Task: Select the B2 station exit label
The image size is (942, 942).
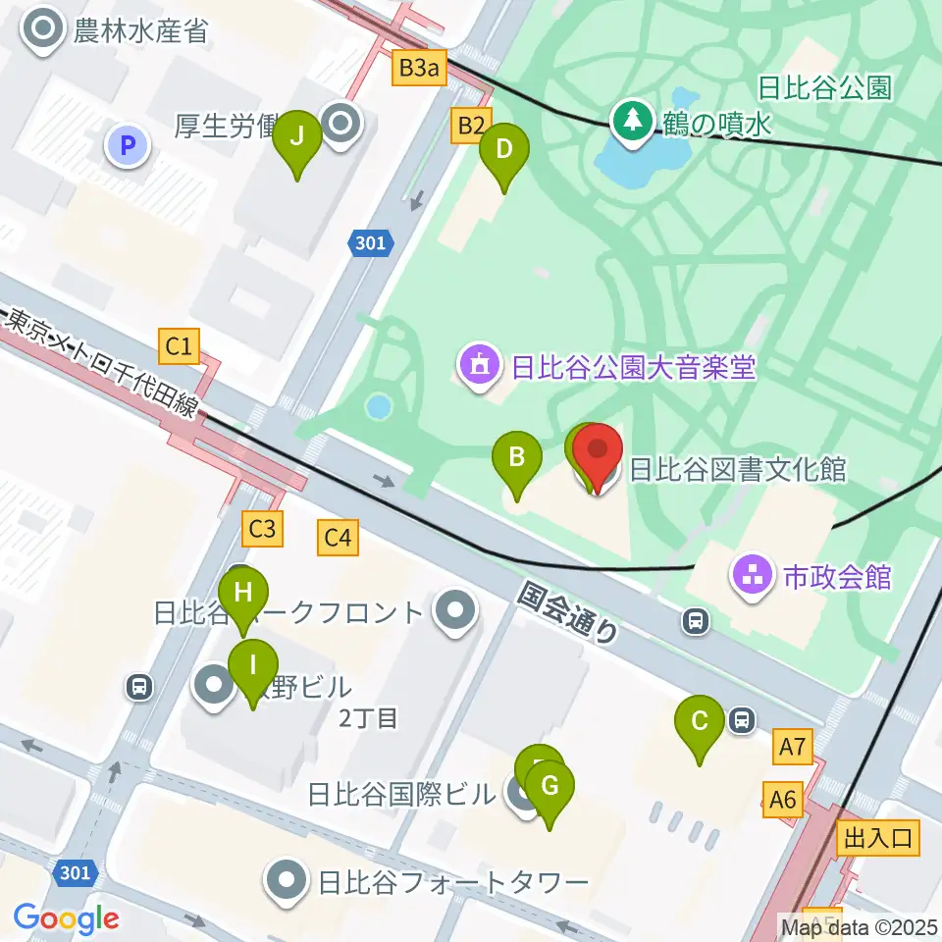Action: (471, 126)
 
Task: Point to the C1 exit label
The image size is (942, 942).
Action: (180, 344)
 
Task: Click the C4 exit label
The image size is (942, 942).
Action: (337, 537)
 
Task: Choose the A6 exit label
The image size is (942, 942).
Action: (783, 800)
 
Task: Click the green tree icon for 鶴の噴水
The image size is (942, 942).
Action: (630, 122)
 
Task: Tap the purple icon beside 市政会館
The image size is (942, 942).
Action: (754, 576)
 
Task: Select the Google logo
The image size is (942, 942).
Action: (66, 918)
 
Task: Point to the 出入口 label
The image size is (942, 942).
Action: (879, 837)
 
